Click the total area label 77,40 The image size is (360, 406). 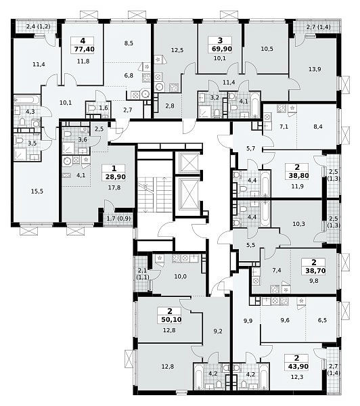tap(84, 49)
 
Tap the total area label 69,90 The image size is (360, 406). tap(222, 49)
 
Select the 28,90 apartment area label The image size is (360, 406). tap(116, 177)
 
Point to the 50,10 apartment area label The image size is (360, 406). tap(171, 320)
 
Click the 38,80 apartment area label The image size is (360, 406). tap(298, 176)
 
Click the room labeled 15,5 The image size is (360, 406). tap(37, 191)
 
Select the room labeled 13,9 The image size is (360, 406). tap(315, 69)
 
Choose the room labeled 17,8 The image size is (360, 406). tap(114, 187)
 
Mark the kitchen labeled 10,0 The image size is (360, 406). tap(180, 277)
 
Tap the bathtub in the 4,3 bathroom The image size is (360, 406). tap(27, 100)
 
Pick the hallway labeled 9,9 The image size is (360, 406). tap(248, 321)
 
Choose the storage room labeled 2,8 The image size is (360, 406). tap(170, 106)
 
